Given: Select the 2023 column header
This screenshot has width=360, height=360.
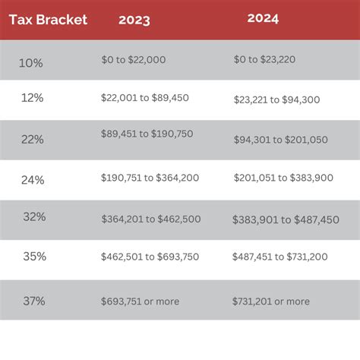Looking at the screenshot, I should coord(134,20).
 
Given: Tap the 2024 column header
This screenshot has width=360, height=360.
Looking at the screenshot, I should coord(264,18).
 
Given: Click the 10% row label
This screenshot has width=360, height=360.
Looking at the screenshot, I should coord(30,63).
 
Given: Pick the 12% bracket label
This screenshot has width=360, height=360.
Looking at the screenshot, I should coord(32,99).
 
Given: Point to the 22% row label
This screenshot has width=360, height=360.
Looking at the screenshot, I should coord(33,139).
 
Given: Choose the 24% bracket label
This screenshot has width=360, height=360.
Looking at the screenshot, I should coord(33,180).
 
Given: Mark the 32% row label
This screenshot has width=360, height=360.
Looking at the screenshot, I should coord(34,217).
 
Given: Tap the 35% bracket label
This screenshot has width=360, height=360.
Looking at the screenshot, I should coord(34,257).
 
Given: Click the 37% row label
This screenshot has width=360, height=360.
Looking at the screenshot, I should coord(33,301).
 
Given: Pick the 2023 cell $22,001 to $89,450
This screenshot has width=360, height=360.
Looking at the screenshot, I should coord(144,98).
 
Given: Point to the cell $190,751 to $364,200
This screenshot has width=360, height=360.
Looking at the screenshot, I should coord(150,177).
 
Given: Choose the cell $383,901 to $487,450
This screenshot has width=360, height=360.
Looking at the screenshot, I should coord(286,219).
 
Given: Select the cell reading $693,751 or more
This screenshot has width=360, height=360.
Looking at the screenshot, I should coord(141,302).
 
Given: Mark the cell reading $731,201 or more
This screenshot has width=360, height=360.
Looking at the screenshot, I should coord(271,302).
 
